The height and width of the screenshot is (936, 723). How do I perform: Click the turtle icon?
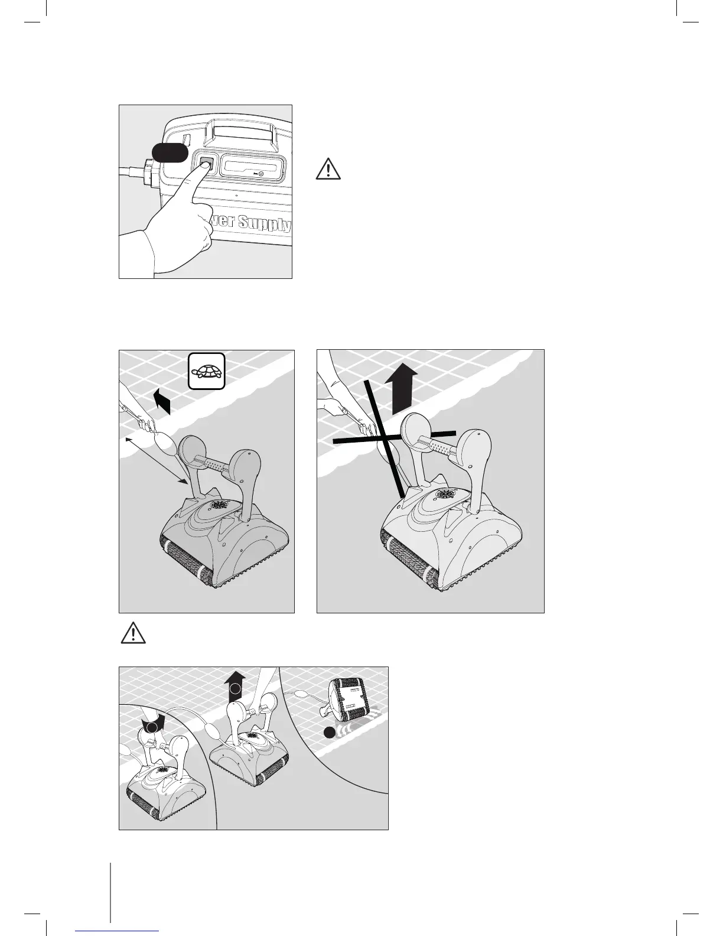pyautogui.click(x=207, y=371)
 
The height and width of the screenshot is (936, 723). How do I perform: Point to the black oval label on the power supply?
pyautogui.click(x=170, y=152)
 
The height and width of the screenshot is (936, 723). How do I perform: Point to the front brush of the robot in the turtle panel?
pyautogui.click(x=183, y=558)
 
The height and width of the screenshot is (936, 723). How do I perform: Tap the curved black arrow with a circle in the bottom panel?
pyautogui.click(x=154, y=726)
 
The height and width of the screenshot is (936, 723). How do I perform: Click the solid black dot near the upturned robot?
pyautogui.click(x=330, y=733)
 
